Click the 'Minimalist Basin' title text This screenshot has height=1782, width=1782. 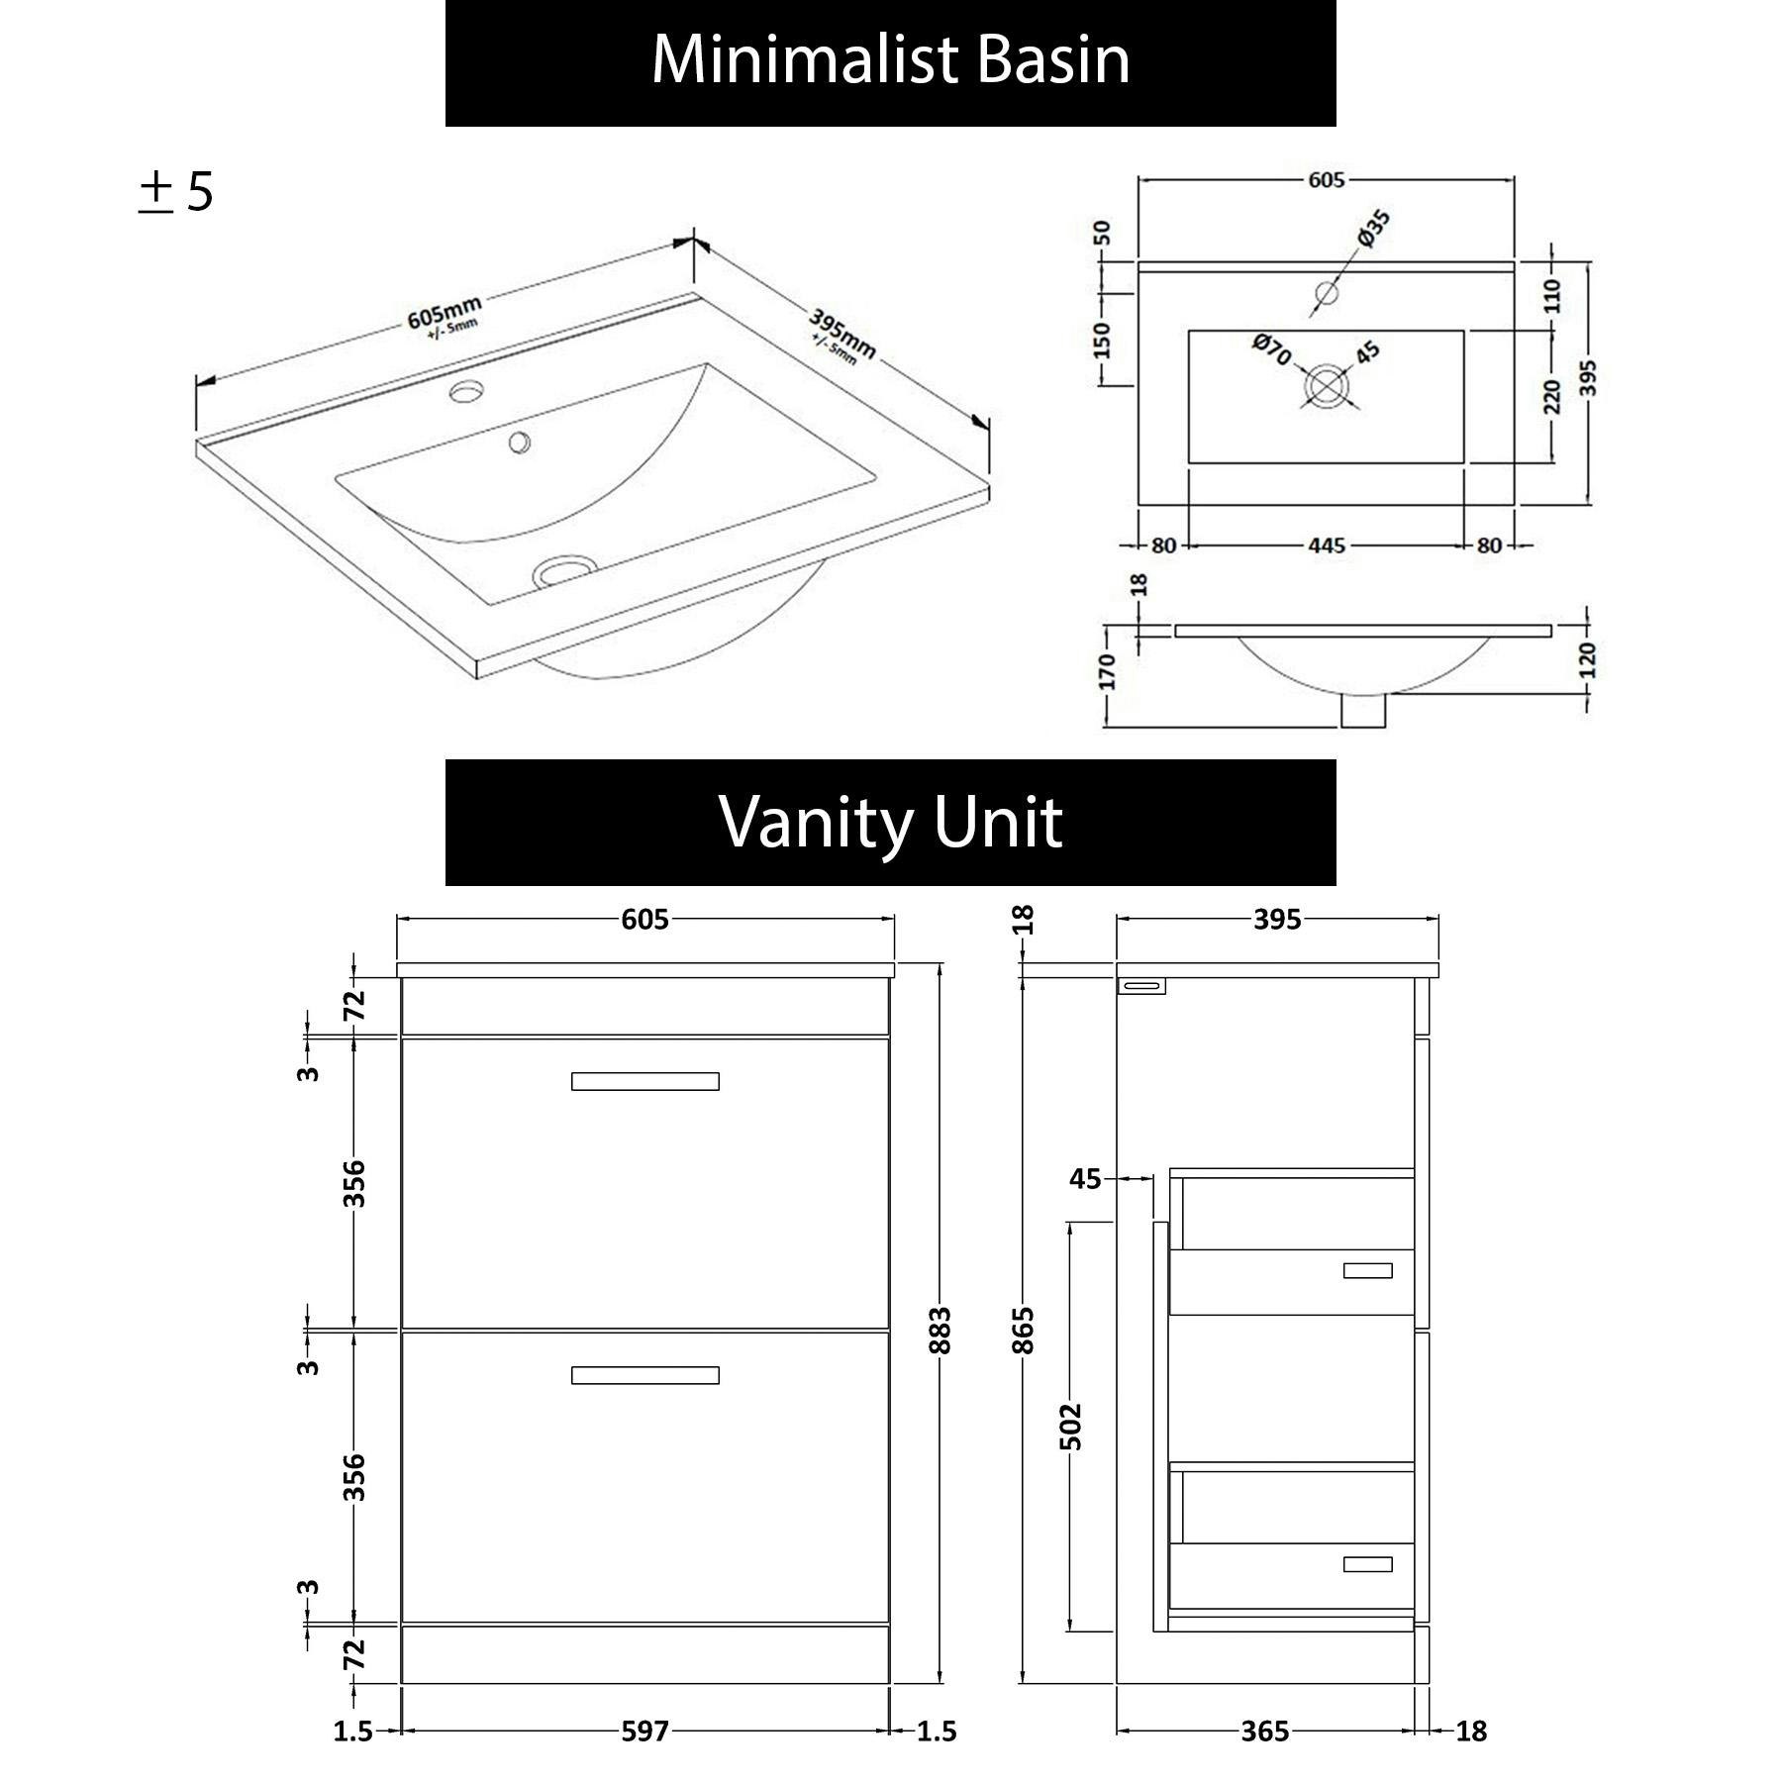[x=890, y=61]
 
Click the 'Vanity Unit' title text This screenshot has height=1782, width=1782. [x=890, y=823]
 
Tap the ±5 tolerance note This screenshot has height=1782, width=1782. [x=176, y=192]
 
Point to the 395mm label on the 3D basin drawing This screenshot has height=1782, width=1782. [x=842, y=335]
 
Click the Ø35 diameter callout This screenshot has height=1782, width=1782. [x=1373, y=228]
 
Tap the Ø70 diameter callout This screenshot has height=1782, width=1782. [x=1272, y=348]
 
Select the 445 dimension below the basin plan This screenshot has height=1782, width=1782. [x=1326, y=545]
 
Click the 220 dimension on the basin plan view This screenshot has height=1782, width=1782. [x=1551, y=396]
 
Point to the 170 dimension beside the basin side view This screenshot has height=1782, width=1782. [x=1107, y=672]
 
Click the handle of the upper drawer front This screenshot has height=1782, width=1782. [x=644, y=1081]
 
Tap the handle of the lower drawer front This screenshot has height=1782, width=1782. [x=644, y=1375]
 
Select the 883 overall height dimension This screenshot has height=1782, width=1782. [x=940, y=1330]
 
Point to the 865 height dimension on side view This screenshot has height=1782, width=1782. [x=1024, y=1330]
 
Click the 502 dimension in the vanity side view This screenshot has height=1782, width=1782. [x=1071, y=1426]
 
